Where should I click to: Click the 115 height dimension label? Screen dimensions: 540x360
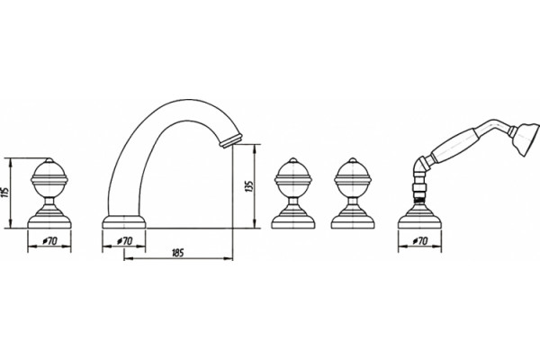click(5, 193)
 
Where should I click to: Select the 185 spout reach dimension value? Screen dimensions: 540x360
click(177, 253)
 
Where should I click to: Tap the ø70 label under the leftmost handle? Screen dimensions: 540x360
click(49, 241)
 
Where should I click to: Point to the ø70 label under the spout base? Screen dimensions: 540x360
click(125, 241)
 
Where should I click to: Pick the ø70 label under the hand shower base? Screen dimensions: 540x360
click(420, 241)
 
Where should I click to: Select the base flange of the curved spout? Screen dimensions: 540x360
click(124, 222)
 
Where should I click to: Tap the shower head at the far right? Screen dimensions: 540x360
click(526, 139)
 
